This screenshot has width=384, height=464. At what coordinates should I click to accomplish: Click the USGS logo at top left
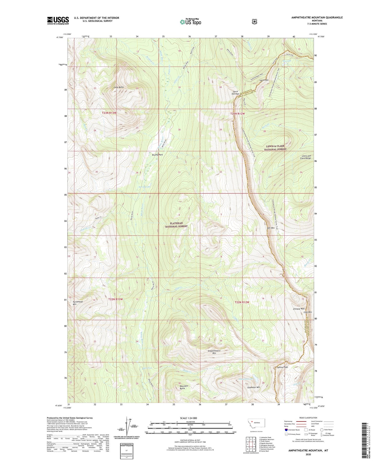[x=58, y=20]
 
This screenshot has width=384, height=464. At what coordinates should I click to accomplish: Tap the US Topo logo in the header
[x=190, y=22]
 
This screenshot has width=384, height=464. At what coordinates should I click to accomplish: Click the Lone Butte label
[x=119, y=87]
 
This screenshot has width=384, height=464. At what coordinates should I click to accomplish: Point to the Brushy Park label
[x=157, y=155]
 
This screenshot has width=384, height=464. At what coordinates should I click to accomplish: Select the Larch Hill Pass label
[x=236, y=93]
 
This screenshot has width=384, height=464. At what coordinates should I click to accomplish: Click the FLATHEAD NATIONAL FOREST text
[x=176, y=225]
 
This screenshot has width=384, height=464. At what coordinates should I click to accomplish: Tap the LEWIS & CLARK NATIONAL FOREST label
[x=275, y=148]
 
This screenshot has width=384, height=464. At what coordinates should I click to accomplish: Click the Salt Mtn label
[x=271, y=228]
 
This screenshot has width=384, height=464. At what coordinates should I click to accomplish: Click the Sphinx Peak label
[x=282, y=367]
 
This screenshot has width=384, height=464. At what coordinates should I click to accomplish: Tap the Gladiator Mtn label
[x=254, y=387]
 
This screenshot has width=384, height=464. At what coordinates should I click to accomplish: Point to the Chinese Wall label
[x=299, y=309]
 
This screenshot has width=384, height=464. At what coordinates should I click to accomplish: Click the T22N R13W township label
[x=115, y=299]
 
